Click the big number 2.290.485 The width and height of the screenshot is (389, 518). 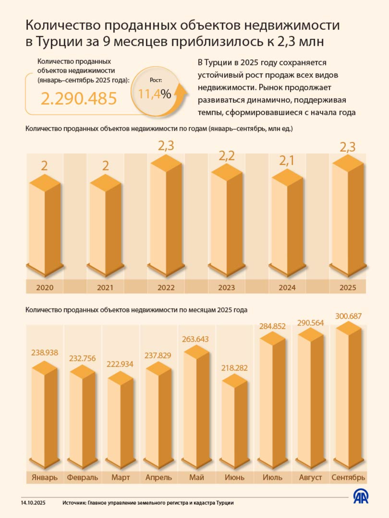click(x=79, y=99)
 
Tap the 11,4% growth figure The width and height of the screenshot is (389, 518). click(x=155, y=94)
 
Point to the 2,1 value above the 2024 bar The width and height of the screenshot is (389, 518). click(x=287, y=160)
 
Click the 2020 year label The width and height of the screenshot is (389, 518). click(x=45, y=287)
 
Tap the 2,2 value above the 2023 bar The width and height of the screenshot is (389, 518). click(x=226, y=156)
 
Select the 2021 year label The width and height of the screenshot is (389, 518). click(x=105, y=287)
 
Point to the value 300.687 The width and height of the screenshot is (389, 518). click(x=348, y=316)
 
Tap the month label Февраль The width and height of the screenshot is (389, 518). click(x=82, y=477)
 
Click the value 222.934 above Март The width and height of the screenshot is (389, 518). click(x=120, y=364)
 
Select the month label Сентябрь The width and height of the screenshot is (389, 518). click(x=348, y=477)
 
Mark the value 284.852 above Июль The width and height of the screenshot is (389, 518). click(x=272, y=326)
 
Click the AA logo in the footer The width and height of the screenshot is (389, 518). click(x=361, y=497)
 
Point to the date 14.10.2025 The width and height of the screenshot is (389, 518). click(x=33, y=503)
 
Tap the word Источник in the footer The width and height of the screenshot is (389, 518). click(x=74, y=503)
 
